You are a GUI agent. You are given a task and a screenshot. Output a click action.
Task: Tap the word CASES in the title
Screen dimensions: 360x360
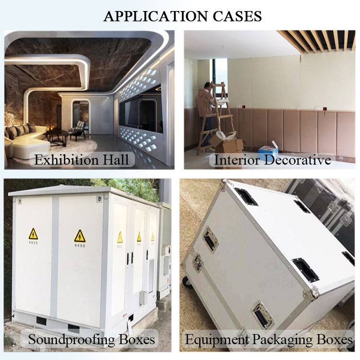coord(236,16)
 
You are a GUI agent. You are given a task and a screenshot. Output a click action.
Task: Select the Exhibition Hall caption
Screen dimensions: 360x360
coord(82,159)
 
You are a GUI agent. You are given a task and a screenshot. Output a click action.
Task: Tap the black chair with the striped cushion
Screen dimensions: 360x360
coord(78,130)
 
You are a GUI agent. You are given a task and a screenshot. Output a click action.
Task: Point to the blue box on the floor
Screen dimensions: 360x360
coord(268,150)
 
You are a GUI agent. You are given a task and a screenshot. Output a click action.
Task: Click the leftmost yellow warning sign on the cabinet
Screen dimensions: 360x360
coord(33,234)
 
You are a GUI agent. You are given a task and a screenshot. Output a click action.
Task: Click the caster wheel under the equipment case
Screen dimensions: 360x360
coord(187,282)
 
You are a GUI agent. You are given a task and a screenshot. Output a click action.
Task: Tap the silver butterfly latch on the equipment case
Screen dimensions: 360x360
coord(197,262)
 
